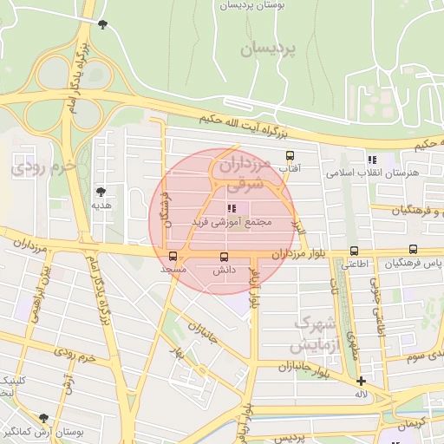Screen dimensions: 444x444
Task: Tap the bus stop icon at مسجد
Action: (x=173, y=256)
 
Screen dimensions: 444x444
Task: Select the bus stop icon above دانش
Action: (x=225, y=257)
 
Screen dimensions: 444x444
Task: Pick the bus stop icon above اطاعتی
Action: (x=353, y=251)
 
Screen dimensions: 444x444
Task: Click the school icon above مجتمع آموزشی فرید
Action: (x=231, y=209)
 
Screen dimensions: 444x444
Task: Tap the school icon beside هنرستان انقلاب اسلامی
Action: (x=372, y=160)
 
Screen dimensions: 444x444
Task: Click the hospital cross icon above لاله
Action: (x=361, y=381)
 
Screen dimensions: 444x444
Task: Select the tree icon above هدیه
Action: (x=102, y=191)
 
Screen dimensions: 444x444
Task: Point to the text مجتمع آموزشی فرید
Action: (x=241, y=222)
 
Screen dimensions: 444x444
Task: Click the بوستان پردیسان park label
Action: (x=253, y=5)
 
